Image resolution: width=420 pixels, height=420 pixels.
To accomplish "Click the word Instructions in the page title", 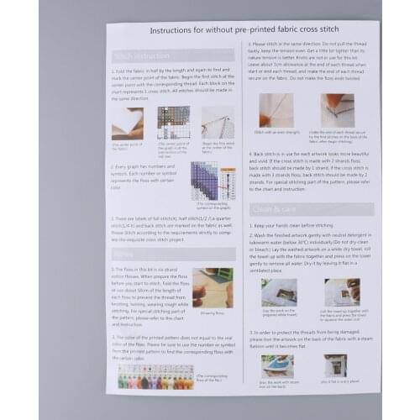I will point(179,29).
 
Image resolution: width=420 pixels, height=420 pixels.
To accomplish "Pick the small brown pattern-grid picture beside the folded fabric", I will point(172,123).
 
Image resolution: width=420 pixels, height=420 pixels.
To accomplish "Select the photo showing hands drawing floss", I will point(213,287).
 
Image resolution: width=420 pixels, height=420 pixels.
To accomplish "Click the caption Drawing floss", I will point(212,312).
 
